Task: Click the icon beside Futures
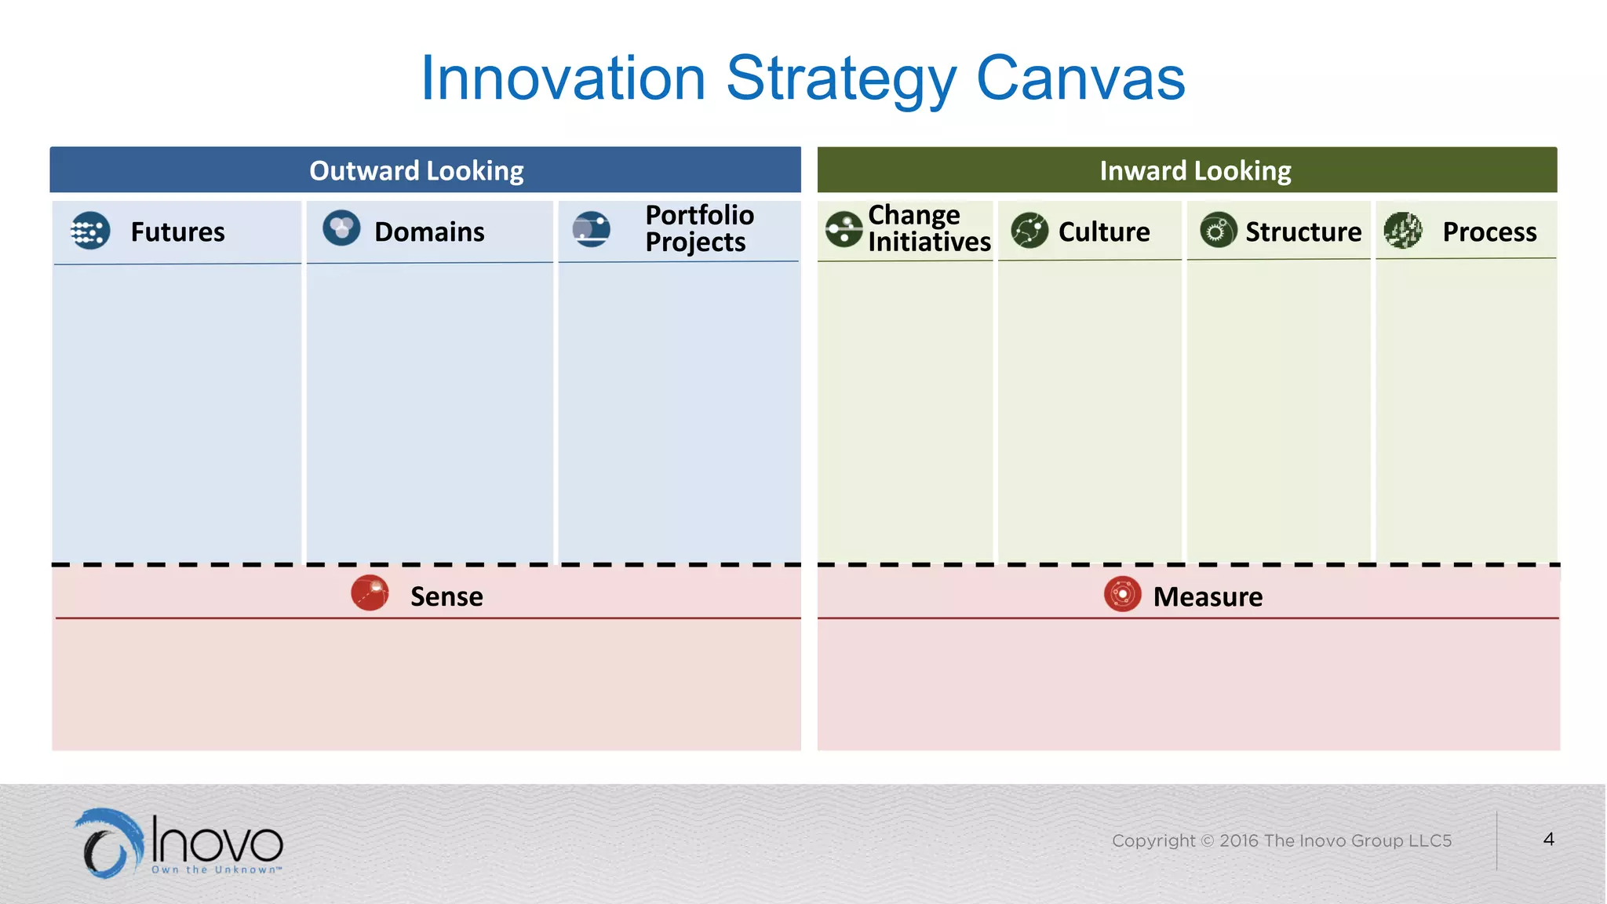coord(90,231)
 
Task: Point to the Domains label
coord(429,231)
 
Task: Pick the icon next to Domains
coord(341,228)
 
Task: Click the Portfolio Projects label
coord(698,228)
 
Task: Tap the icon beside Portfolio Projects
coord(592,229)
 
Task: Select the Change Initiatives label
coord(928,228)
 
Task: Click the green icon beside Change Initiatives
coord(844,229)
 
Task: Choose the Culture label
coord(1103,231)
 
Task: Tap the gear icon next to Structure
coord(1218,231)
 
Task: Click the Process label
coord(1489,231)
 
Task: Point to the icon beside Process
coord(1403,231)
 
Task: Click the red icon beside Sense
coord(370,594)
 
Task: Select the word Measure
coord(1208,597)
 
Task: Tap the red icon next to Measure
coord(1122,595)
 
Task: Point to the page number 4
coord(1548,839)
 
